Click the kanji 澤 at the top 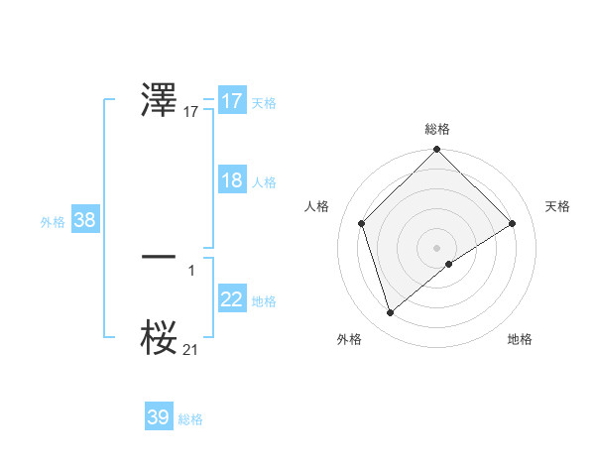pyautogui.click(x=160, y=101)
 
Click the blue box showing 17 pyautogui.click(x=231, y=101)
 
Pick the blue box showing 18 pyautogui.click(x=231, y=180)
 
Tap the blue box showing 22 pyautogui.click(x=231, y=299)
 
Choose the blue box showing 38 pyautogui.click(x=84, y=220)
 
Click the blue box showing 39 pyautogui.click(x=158, y=417)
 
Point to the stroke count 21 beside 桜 pyautogui.click(x=190, y=349)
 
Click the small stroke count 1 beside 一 pyautogui.click(x=191, y=269)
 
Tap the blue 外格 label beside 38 pyautogui.click(x=53, y=222)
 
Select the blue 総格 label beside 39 pyautogui.click(x=190, y=419)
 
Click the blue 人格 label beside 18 pyautogui.click(x=264, y=182)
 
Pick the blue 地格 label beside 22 pyautogui.click(x=264, y=301)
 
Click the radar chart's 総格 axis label pyautogui.click(x=437, y=130)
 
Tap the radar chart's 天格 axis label pyautogui.click(x=558, y=206)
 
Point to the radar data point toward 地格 pyautogui.click(x=449, y=264)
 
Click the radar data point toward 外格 pyautogui.click(x=390, y=313)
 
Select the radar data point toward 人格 pyautogui.click(x=362, y=223)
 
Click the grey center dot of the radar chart pyautogui.click(x=436, y=247)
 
